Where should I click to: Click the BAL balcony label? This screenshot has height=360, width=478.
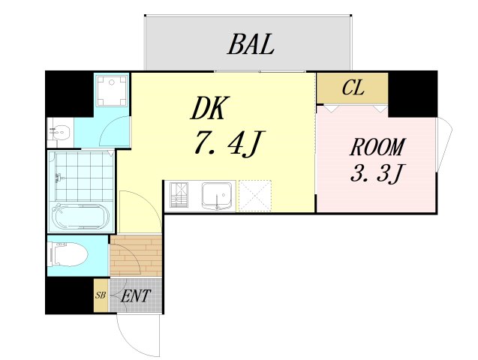251,44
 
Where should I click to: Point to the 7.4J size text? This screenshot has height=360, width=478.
228,143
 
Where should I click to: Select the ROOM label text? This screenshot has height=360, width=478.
377,147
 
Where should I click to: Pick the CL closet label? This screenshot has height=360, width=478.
353,88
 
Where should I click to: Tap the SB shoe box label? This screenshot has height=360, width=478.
101,295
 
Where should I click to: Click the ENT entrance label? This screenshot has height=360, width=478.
136,295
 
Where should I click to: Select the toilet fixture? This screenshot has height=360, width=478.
68,254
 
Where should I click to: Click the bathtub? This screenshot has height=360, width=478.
80,216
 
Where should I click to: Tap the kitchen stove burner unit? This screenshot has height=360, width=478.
179,196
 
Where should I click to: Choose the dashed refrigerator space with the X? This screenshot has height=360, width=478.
255,196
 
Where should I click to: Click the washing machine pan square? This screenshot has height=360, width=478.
110,91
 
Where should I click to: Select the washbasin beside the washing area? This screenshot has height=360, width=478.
61,133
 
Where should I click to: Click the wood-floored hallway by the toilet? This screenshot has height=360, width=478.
136,256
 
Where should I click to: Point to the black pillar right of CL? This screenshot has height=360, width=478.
413,94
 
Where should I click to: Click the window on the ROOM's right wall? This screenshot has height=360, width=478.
444,145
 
